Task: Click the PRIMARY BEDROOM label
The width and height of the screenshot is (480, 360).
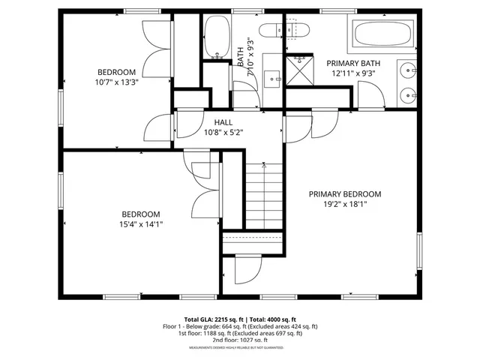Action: (345, 194)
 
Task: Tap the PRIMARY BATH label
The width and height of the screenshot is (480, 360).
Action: (352, 64)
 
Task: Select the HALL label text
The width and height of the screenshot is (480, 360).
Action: (223, 122)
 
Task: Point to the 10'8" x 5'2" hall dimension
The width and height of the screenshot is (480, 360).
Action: (223, 133)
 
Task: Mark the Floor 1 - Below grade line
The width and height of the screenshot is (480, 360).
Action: (240, 326)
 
